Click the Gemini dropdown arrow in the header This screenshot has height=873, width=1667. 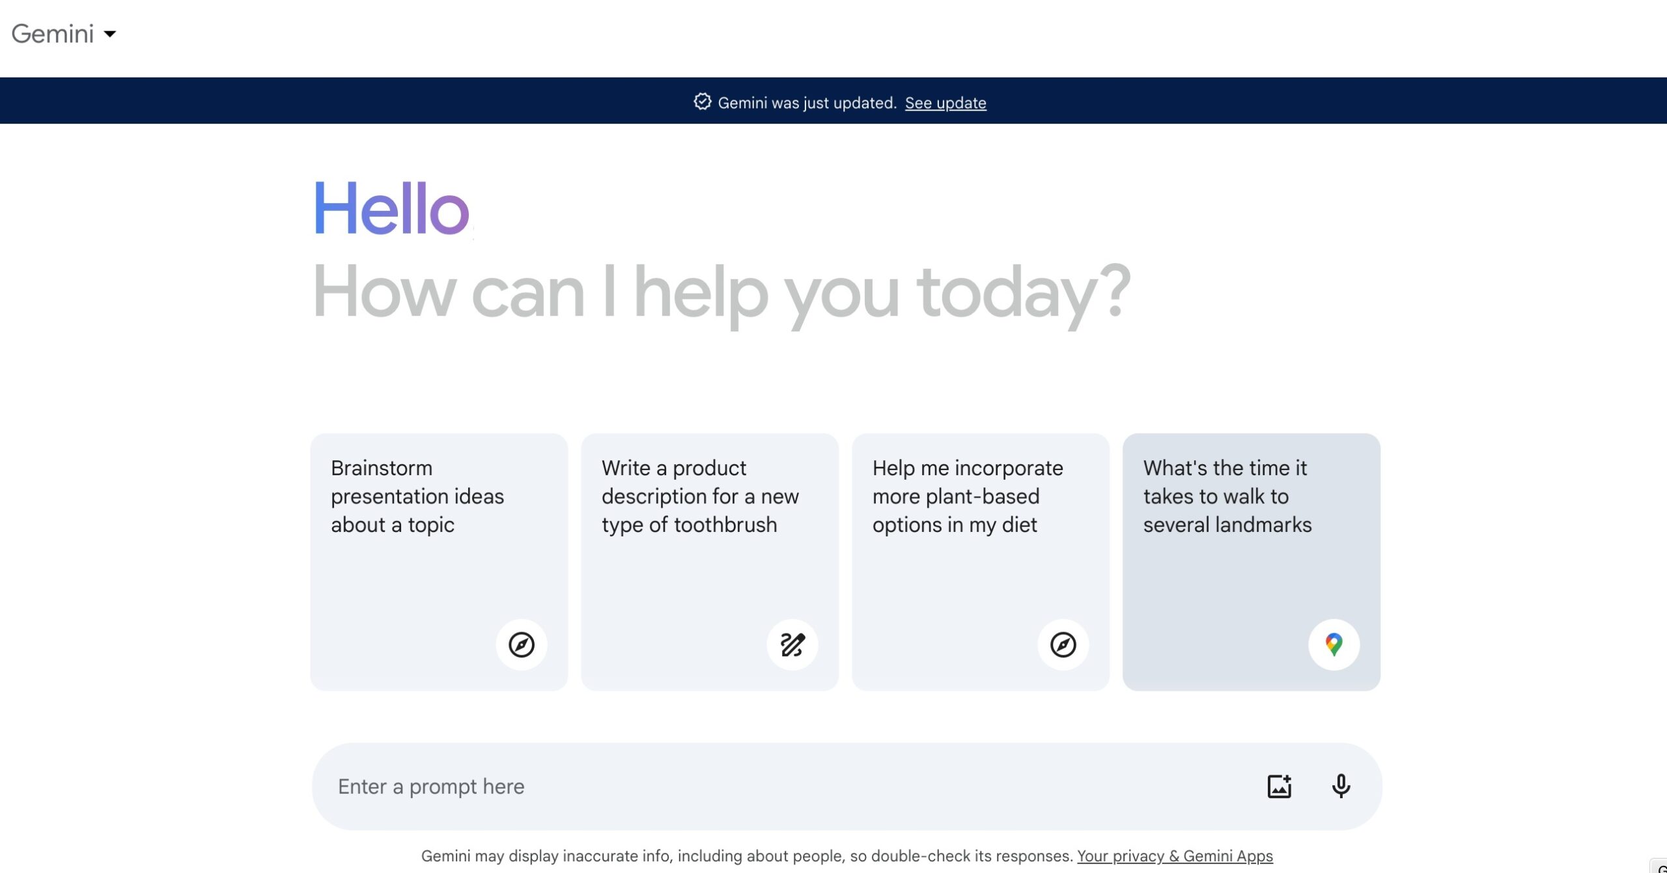(110, 34)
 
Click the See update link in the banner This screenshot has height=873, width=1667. (945, 103)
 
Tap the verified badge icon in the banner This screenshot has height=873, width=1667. (702, 102)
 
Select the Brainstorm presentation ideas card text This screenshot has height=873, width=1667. (417, 496)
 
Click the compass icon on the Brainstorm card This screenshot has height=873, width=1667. (521, 644)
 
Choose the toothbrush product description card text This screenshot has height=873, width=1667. (699, 496)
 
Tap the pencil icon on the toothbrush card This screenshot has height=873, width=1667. (792, 644)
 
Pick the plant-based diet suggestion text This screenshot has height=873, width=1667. (967, 496)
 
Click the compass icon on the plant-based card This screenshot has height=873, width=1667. (1063, 644)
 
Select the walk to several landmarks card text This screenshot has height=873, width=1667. (1227, 496)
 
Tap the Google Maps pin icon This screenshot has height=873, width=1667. (1334, 644)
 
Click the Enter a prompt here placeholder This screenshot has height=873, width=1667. (431, 786)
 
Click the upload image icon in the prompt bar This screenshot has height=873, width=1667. (1279, 786)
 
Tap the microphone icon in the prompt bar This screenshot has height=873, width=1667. (1341, 786)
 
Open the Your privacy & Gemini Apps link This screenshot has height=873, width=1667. (1175, 855)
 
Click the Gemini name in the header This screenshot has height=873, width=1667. (53, 34)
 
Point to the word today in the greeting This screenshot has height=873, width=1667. (1007, 293)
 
